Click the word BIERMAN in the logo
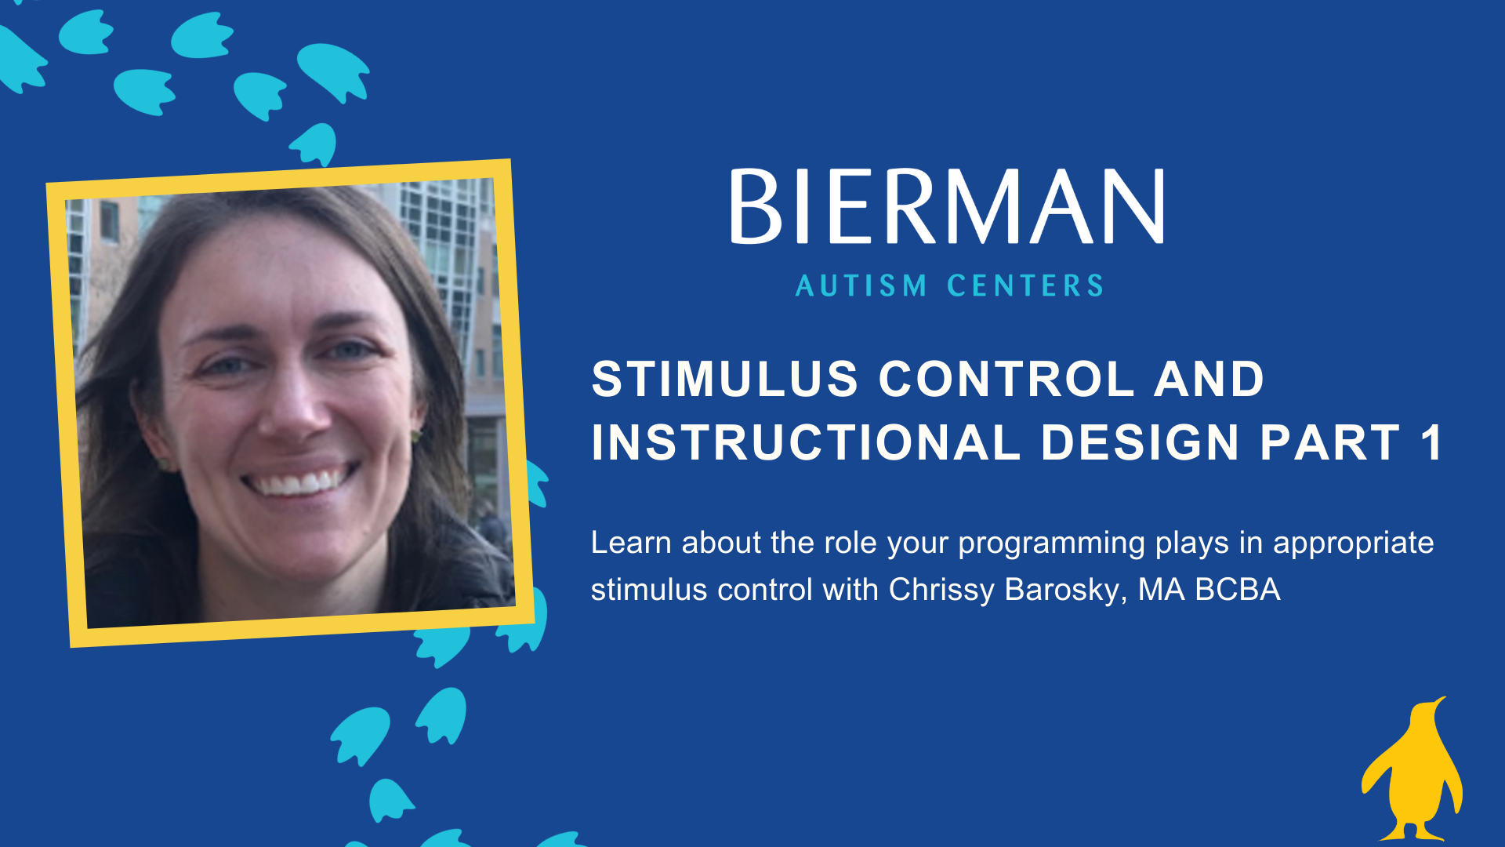[947, 206]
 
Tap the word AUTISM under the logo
[861, 285]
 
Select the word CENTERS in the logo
[1025, 285]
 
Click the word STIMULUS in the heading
[725, 380]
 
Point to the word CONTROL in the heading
[1007, 380]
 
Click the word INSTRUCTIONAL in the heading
[806, 442]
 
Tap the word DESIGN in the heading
[1140, 442]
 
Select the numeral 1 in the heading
[1431, 442]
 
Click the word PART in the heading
[1329, 442]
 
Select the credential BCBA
[1238, 590]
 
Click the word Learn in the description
[631, 543]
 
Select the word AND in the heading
[1209, 380]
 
